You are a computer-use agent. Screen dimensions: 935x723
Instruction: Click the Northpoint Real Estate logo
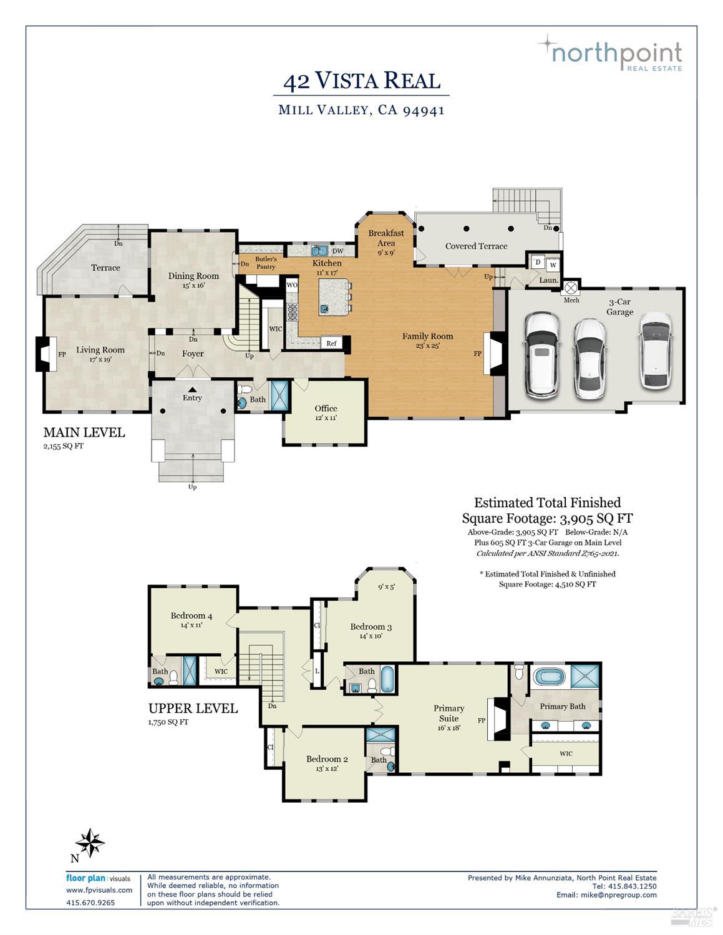610,53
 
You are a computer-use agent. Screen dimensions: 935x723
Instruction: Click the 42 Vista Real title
361,81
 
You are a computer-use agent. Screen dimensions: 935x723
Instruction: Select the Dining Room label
193,276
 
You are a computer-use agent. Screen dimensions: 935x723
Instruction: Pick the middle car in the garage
589,358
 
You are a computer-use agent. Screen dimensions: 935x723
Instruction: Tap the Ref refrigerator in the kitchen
331,343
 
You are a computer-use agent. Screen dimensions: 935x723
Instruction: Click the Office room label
326,409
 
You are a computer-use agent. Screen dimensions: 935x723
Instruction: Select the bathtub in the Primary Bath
550,677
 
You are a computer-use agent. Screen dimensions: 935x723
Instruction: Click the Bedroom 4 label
192,616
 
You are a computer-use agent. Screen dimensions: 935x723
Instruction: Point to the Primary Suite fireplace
498,719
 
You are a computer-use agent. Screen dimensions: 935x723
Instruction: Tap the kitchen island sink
324,308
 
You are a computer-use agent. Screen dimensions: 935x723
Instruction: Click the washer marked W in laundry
552,264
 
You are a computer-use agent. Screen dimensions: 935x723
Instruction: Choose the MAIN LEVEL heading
84,432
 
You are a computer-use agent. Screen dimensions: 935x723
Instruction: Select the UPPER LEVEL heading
193,709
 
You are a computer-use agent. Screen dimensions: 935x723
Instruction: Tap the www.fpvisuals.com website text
99,890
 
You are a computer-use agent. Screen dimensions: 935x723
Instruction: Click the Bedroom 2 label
327,759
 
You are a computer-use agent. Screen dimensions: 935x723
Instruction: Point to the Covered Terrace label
476,246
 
